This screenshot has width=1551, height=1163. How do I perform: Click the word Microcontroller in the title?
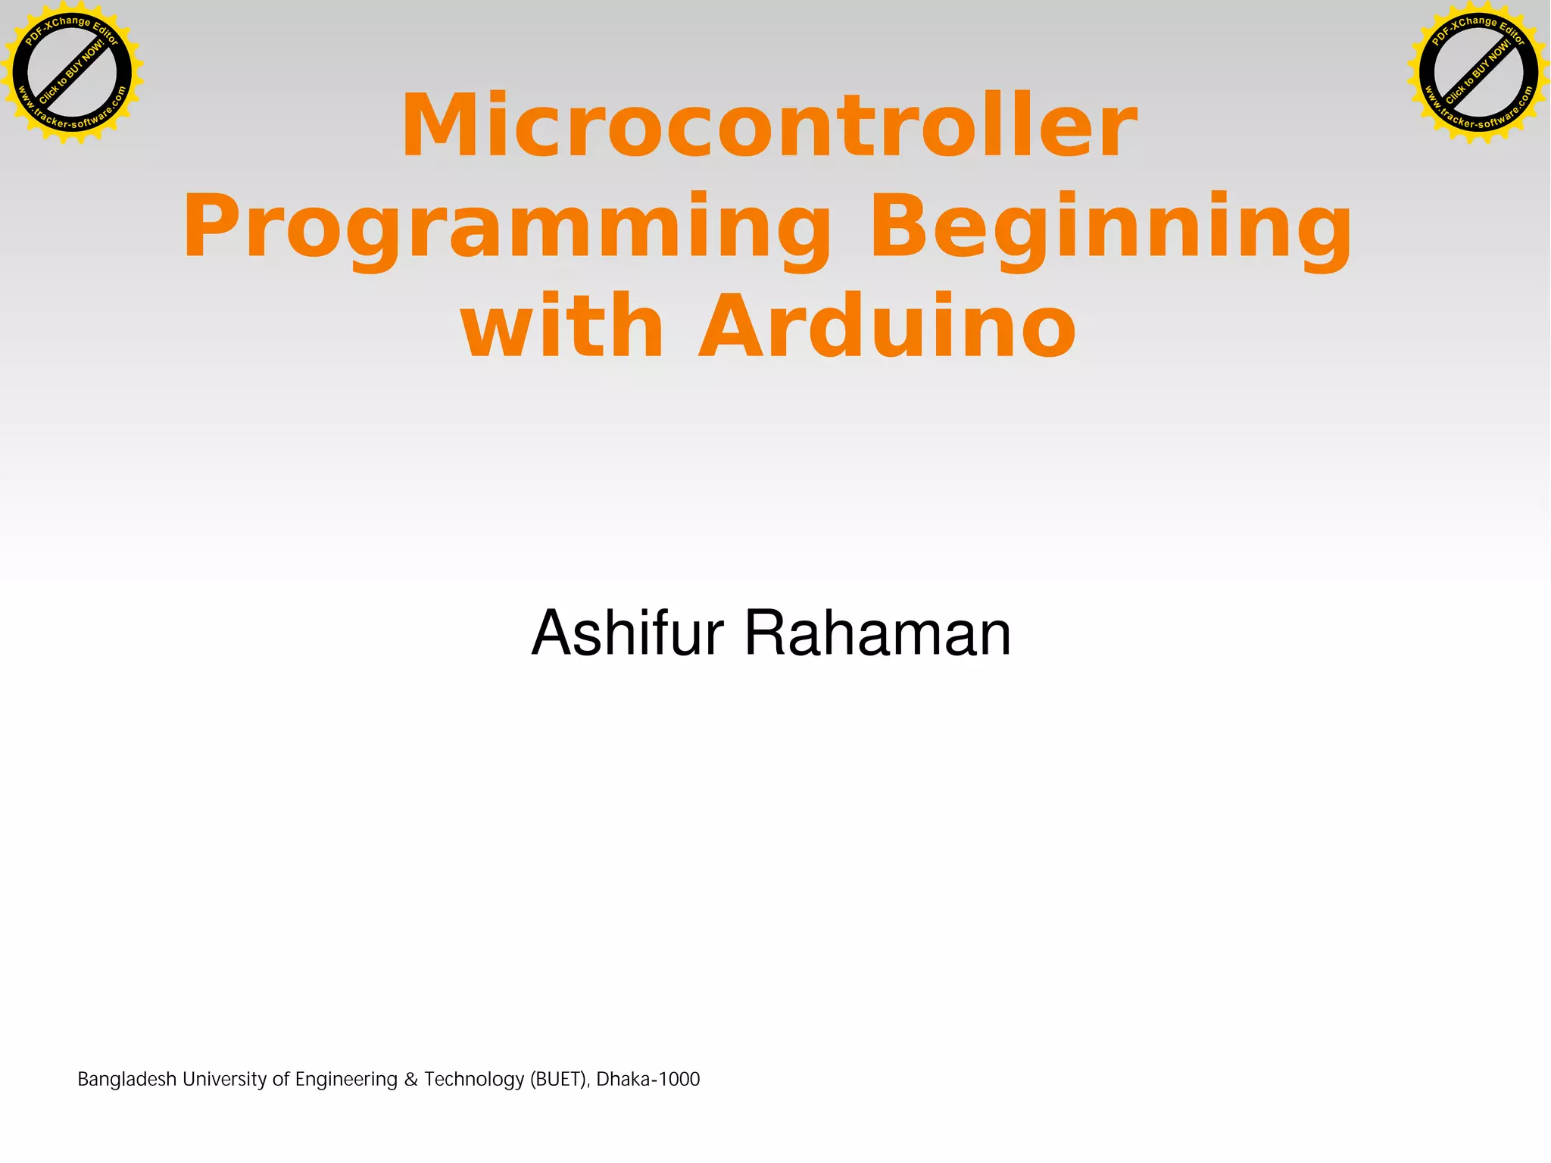(769, 125)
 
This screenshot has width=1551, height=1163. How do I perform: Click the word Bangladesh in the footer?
(126, 1079)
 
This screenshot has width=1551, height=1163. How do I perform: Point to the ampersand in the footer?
(410, 1079)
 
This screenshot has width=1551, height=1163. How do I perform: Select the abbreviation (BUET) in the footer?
(559, 1079)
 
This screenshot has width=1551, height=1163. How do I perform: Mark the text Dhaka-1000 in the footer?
(648, 1079)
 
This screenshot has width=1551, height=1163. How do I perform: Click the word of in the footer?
(281, 1079)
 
